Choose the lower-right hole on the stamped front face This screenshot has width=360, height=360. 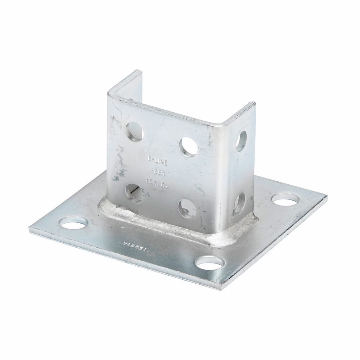pos(187,207)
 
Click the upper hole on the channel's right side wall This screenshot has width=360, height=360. pos(241,140)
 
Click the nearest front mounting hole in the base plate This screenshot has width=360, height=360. pos(209,264)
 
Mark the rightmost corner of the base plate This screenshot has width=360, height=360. pos(327,197)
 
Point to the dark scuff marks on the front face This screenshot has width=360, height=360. pos(116,173)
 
